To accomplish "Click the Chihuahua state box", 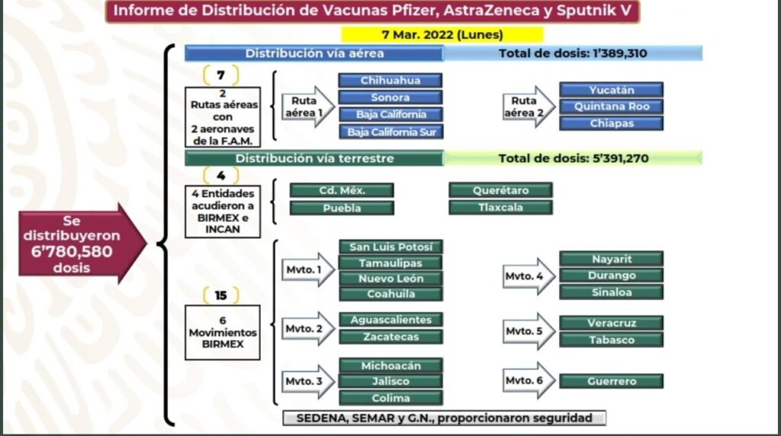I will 390,80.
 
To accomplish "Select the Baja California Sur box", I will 390,131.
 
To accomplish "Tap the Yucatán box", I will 611,89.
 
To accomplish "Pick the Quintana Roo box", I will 611,106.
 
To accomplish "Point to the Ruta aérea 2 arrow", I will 529,106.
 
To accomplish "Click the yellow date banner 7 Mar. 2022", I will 442,34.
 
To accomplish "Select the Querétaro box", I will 500,190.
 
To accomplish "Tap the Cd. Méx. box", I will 342,190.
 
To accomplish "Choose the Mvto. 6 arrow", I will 529,380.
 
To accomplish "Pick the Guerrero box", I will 611,381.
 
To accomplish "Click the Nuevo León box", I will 390,279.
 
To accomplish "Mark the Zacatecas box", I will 390,337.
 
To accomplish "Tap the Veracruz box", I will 611,323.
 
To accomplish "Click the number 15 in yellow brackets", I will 221,295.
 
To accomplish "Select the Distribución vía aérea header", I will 313,53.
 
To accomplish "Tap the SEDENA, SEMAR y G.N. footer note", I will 444,418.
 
